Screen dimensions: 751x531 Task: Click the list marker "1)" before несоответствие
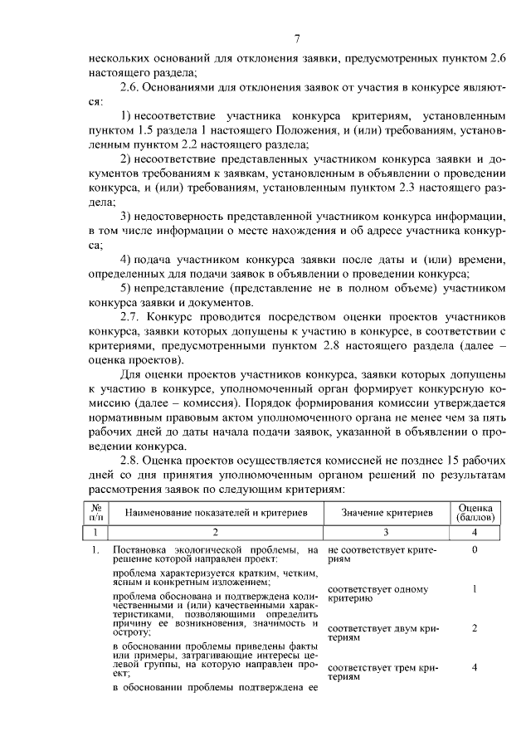coord(127,117)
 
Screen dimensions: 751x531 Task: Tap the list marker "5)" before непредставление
coord(127,288)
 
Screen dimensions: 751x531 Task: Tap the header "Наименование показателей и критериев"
coord(216,513)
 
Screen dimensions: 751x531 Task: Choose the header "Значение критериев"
coord(387,513)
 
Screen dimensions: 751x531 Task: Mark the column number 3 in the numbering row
coord(387,532)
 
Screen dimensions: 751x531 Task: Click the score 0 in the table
coord(474,549)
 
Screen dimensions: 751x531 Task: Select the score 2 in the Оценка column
coord(474,628)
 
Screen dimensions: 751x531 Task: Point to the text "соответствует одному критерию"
coord(378,594)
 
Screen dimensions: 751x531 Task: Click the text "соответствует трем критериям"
coord(382,671)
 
